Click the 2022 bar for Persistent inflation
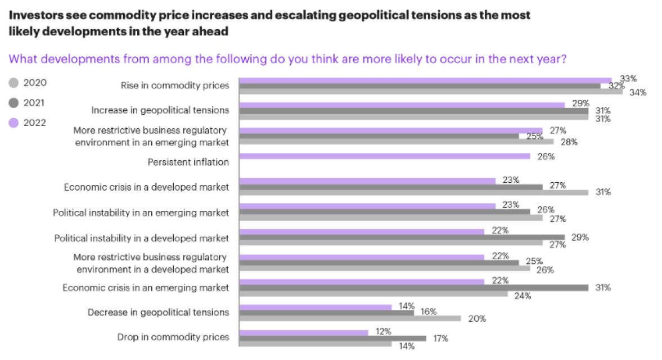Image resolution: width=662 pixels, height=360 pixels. [x=385, y=156]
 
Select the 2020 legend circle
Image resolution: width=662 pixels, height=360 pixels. [x=14, y=83]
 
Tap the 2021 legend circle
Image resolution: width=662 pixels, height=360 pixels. [x=14, y=103]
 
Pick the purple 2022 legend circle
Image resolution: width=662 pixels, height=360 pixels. [x=14, y=123]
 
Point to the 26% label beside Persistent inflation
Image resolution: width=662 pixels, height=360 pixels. [x=546, y=157]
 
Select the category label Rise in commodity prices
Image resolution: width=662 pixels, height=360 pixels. [x=175, y=85]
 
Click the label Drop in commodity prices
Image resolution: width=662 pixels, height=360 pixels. [x=173, y=337]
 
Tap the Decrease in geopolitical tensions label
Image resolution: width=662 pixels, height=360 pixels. [x=159, y=312]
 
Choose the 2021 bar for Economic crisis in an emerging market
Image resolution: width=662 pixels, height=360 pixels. [x=414, y=288]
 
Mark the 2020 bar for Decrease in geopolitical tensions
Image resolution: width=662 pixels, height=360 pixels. [x=350, y=318]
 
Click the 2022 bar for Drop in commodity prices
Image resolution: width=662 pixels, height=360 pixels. [x=304, y=332]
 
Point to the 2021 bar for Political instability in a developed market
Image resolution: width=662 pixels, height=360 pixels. [x=402, y=237]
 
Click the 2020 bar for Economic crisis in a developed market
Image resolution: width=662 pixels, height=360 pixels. [x=414, y=192]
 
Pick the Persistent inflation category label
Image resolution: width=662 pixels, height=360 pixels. [x=188, y=162]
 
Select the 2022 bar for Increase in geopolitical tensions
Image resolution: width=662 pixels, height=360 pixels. [x=402, y=105]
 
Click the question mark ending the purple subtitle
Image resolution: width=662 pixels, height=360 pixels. [x=563, y=59]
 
